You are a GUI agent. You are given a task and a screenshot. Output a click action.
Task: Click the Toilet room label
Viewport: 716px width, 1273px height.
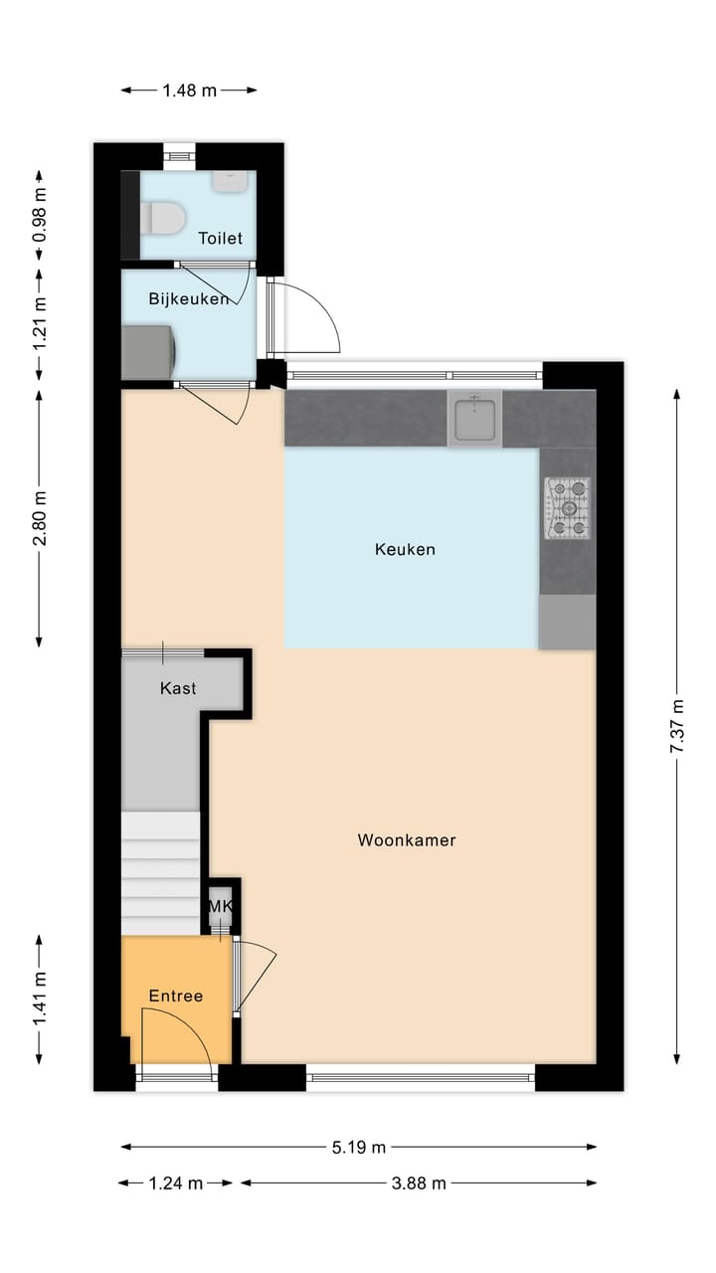click(220, 238)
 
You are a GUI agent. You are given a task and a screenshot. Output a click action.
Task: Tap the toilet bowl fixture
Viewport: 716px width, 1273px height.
click(161, 217)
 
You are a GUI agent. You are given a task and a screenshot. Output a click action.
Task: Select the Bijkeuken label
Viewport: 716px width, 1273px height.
click(188, 298)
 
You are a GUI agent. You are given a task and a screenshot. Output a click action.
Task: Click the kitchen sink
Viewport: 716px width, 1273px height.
click(474, 418)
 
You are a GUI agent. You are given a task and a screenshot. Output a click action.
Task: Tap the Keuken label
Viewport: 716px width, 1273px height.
click(405, 549)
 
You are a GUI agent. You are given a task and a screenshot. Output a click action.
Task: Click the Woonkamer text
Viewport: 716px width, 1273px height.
click(407, 840)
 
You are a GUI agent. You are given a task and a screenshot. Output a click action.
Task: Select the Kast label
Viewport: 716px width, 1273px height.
click(178, 688)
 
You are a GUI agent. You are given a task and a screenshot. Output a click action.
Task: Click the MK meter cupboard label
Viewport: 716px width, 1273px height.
click(220, 906)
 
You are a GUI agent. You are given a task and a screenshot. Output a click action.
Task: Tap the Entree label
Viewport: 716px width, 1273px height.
click(176, 996)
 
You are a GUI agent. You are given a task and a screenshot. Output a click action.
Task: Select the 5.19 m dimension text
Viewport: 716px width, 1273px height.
click(359, 1147)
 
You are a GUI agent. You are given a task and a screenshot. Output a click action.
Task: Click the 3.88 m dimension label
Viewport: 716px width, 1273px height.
click(418, 1182)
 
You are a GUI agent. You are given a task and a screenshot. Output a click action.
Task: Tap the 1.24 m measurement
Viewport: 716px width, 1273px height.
click(175, 1182)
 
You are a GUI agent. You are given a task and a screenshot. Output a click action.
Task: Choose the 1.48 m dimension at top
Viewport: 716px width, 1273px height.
click(189, 91)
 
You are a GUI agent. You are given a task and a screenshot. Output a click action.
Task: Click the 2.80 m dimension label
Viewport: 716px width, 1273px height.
click(40, 518)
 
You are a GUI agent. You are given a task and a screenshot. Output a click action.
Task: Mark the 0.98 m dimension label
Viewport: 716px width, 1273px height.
click(40, 217)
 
